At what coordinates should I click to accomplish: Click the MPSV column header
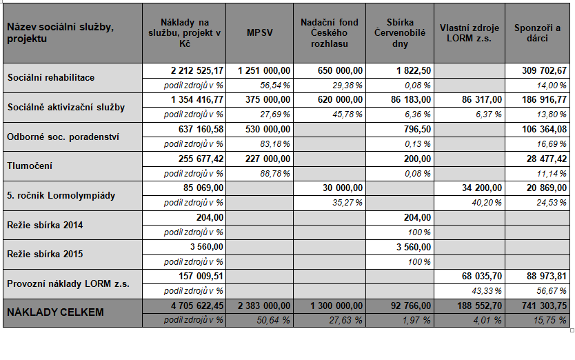260,32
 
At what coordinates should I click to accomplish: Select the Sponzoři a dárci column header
537,33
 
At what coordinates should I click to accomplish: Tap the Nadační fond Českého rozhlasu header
330,33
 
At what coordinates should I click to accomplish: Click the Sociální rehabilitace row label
51,77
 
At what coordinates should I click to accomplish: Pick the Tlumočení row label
30,166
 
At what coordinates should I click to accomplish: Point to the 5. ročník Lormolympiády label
61,195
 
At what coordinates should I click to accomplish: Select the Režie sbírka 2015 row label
45,254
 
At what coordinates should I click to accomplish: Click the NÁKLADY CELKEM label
55,312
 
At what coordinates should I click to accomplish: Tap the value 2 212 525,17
197,70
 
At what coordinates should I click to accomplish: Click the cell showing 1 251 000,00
263,70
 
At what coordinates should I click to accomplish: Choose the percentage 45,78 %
347,114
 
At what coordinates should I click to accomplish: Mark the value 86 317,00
481,99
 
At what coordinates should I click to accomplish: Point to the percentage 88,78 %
274,174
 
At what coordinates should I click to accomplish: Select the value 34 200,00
481,188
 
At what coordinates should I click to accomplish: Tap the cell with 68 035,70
481,276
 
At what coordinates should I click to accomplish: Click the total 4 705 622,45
197,306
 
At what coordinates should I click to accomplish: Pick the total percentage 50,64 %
273,321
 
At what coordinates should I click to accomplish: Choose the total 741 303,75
544,306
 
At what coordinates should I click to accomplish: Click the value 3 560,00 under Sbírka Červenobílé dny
413,247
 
